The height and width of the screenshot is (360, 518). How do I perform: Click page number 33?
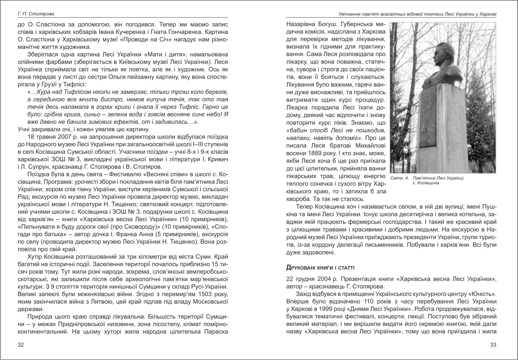click(493, 345)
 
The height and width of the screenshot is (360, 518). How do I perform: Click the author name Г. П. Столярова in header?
click(32, 14)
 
